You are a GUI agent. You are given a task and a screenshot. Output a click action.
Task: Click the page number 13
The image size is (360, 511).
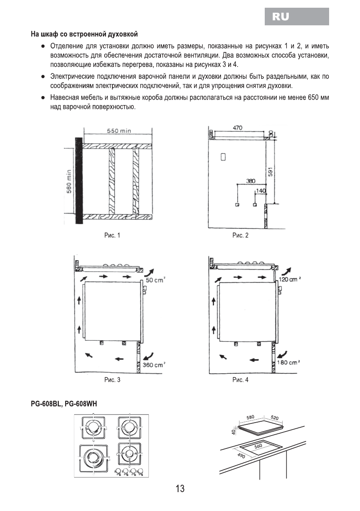click(180, 488)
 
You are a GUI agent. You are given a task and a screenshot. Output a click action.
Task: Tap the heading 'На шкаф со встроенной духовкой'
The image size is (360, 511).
click(84, 33)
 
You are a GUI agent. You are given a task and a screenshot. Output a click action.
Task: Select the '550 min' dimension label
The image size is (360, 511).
click(119, 131)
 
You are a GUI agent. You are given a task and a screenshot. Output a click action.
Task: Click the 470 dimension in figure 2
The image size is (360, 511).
click(237, 128)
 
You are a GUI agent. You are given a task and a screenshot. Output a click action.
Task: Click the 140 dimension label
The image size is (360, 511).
click(260, 190)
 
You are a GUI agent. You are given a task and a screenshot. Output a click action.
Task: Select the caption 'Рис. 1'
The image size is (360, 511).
click(112, 235)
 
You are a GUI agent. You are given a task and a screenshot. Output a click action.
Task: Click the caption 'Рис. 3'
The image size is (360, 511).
click(112, 380)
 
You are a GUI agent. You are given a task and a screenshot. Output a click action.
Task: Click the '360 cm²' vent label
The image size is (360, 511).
click(154, 365)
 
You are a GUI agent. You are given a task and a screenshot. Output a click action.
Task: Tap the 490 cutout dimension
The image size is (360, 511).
click(241, 456)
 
